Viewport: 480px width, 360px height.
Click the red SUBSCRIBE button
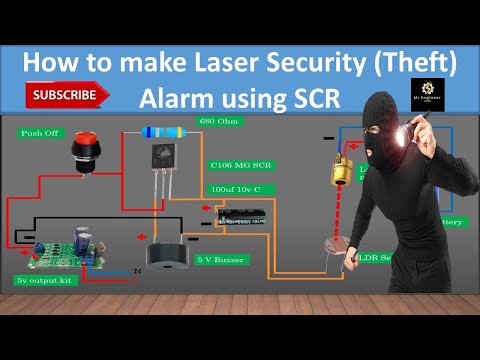(67, 95)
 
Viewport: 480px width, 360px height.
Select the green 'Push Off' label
(41, 132)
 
